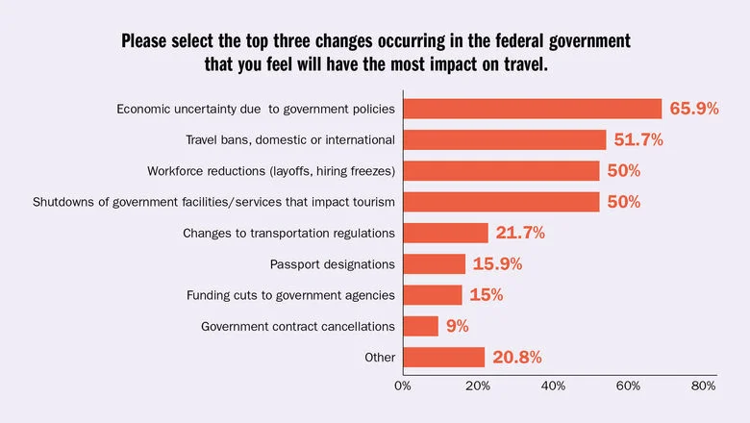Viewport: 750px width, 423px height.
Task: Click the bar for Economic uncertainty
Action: click(532, 109)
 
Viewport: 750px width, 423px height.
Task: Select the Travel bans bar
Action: click(505, 139)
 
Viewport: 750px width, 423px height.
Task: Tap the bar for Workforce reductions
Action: click(501, 171)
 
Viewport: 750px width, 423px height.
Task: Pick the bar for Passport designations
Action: click(434, 263)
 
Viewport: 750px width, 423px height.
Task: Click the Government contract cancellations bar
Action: click(420, 326)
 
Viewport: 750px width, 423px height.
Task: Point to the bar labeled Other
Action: click(443, 357)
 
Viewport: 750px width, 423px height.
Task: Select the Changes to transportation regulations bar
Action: click(445, 233)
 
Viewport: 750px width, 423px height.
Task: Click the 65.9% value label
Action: click(694, 109)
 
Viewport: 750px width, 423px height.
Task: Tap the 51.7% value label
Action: click(638, 140)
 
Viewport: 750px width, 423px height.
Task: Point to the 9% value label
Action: click(457, 326)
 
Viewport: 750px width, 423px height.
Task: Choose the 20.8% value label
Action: click(518, 357)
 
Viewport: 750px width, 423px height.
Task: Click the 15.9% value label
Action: click(498, 263)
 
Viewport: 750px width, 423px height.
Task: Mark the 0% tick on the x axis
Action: click(403, 386)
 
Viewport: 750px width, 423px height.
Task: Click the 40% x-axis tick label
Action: click(553, 386)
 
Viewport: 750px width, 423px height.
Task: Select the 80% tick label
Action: click(703, 386)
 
